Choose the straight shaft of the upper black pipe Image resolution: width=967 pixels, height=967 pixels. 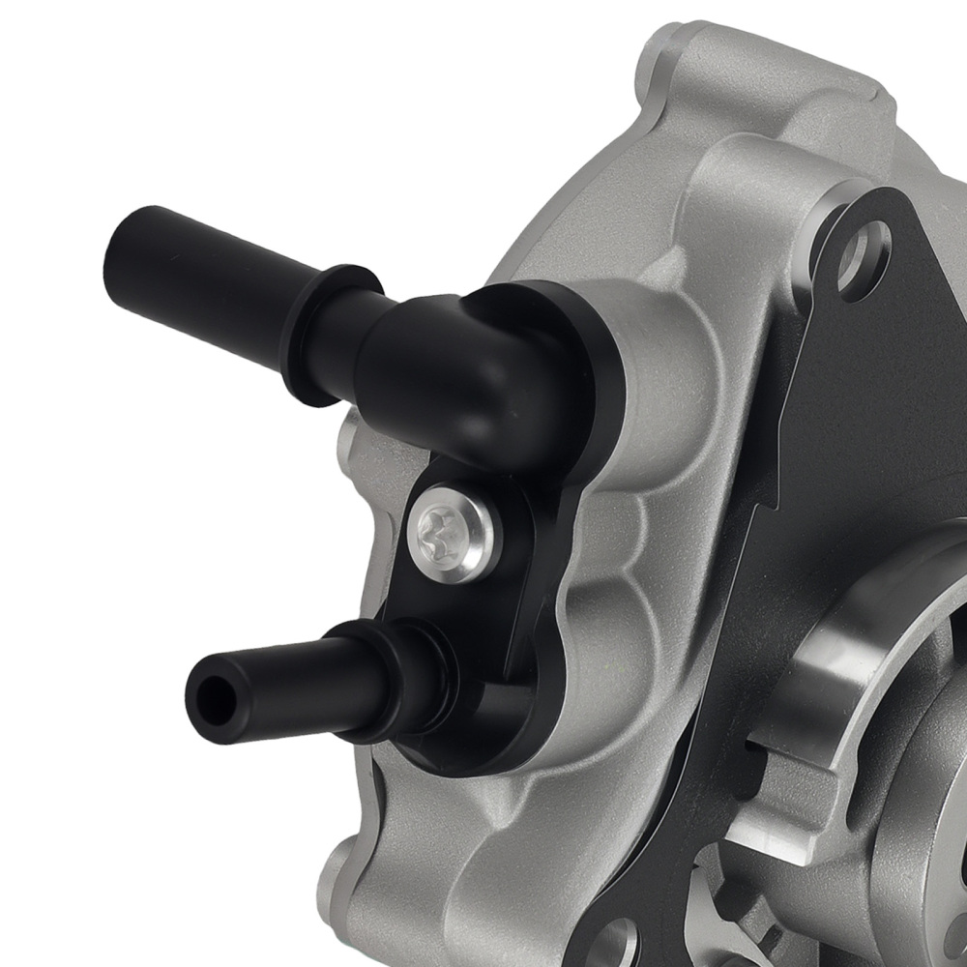213,266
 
